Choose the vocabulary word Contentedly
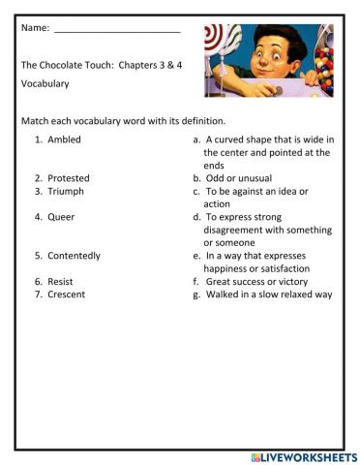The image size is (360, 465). (x=74, y=256)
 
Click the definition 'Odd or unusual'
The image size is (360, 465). (x=238, y=178)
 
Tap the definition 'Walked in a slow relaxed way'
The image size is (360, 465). (x=268, y=294)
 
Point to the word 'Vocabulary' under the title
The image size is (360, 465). (x=45, y=84)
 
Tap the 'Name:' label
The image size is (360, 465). (x=34, y=28)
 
